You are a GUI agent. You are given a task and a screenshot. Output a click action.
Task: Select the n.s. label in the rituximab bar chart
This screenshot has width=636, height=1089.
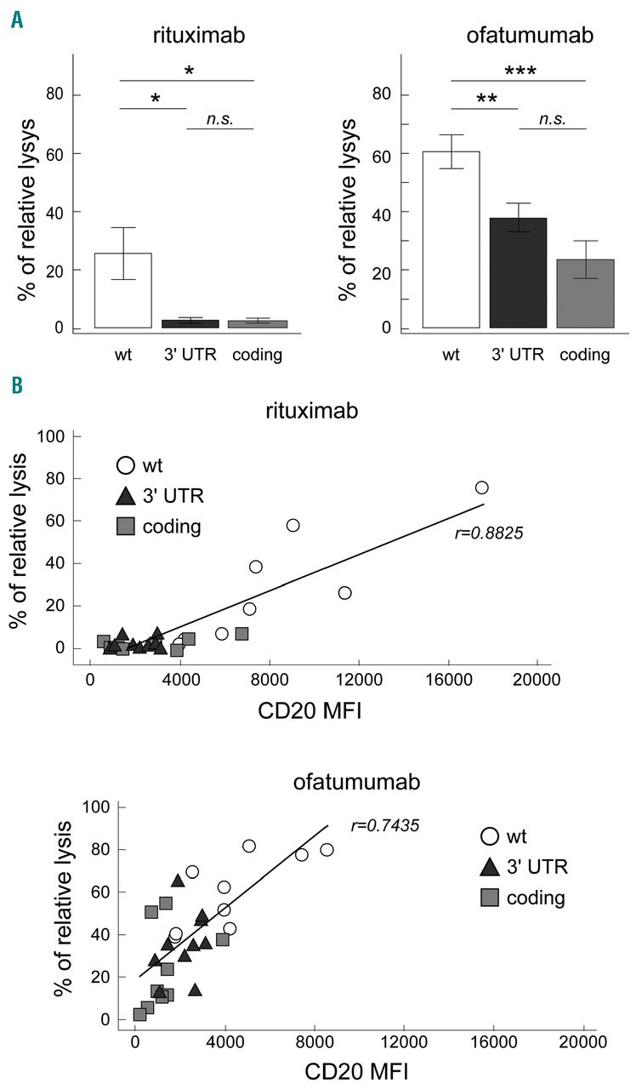click(x=220, y=118)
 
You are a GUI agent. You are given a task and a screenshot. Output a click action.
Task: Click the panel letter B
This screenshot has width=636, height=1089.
click(x=16, y=385)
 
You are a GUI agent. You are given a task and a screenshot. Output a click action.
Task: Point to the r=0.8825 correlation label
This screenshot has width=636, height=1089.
click(x=488, y=533)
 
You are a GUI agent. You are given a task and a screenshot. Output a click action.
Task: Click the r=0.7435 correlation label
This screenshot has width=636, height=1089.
click(x=385, y=824)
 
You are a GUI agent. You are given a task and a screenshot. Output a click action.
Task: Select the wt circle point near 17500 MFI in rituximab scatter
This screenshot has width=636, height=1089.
click(x=481, y=487)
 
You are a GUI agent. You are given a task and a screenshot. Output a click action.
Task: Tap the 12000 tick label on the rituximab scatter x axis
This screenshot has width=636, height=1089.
click(x=358, y=680)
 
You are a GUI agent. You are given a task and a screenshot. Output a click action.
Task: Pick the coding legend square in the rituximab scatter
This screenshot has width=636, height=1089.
click(x=126, y=527)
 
